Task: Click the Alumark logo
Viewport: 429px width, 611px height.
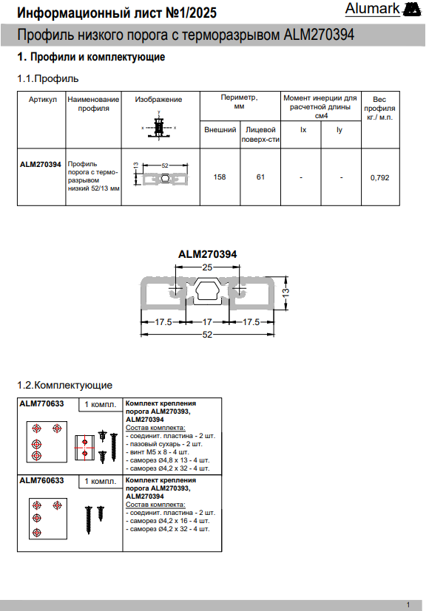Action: point(382,10)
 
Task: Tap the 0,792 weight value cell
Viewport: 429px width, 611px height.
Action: point(380,178)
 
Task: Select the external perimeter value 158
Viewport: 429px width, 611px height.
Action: point(220,177)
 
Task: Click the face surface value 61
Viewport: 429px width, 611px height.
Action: point(260,177)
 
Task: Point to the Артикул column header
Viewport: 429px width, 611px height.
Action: point(42,99)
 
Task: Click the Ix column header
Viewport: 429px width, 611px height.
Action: point(303,130)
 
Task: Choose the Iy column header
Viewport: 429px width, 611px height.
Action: point(340,130)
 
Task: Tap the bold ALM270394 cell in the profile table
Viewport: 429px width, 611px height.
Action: point(41,165)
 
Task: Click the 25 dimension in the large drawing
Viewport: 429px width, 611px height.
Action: point(207,267)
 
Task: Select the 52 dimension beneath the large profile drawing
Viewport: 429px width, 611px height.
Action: point(207,335)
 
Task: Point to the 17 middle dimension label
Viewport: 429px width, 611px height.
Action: point(207,322)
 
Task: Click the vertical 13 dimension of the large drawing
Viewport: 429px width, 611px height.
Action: point(286,292)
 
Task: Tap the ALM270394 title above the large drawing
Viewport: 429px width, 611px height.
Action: point(208,254)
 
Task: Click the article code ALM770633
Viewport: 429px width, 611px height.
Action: point(41,403)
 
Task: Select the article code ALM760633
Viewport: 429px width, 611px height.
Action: point(41,480)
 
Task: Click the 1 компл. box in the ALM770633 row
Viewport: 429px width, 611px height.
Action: point(101,404)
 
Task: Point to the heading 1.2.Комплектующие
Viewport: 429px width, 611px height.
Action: point(65,385)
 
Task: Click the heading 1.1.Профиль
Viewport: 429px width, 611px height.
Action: point(48,78)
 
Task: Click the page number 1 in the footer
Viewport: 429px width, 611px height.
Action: point(408,605)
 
